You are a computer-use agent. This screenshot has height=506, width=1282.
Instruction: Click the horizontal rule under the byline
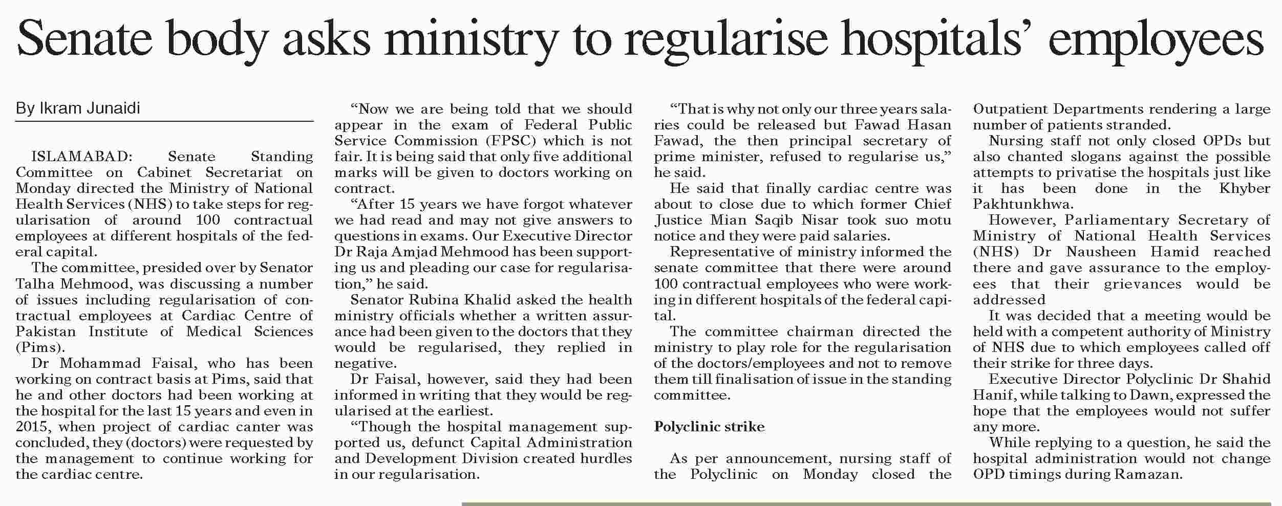click(x=164, y=122)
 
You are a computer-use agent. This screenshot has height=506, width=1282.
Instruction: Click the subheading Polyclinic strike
click(x=709, y=427)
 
